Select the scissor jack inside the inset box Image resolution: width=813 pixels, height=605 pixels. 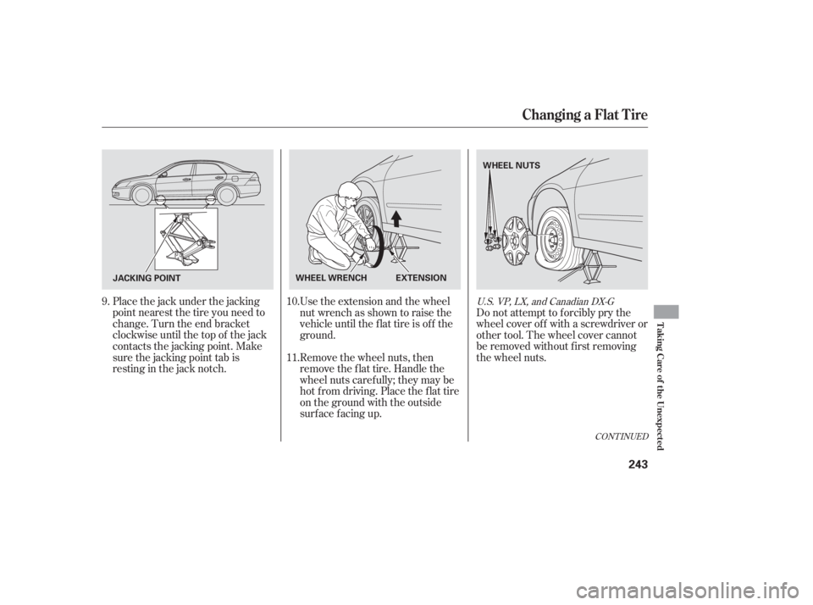(x=184, y=237)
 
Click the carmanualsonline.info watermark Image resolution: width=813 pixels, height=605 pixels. (x=694, y=585)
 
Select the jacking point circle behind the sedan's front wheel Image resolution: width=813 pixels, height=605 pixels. (x=158, y=203)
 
